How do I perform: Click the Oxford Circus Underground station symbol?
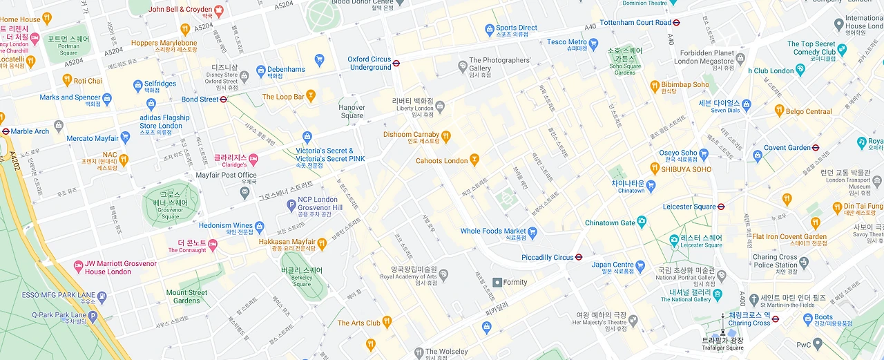click(396, 63)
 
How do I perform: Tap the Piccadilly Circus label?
click(547, 257)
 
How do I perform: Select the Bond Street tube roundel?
click(223, 100)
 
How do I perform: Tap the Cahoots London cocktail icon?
click(474, 161)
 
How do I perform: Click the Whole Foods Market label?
click(493, 231)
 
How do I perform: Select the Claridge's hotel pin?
click(253, 160)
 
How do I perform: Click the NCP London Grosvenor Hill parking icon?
click(291, 204)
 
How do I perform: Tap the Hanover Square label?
click(352, 111)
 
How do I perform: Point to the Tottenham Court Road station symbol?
click(677, 22)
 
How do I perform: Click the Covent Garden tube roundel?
click(816, 148)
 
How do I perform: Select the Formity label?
click(515, 282)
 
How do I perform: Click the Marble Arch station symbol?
click(6, 131)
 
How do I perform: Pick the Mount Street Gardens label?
click(186, 296)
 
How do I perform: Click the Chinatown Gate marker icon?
click(642, 222)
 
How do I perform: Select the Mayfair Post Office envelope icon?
click(244, 191)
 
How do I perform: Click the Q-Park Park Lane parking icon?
click(93, 316)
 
